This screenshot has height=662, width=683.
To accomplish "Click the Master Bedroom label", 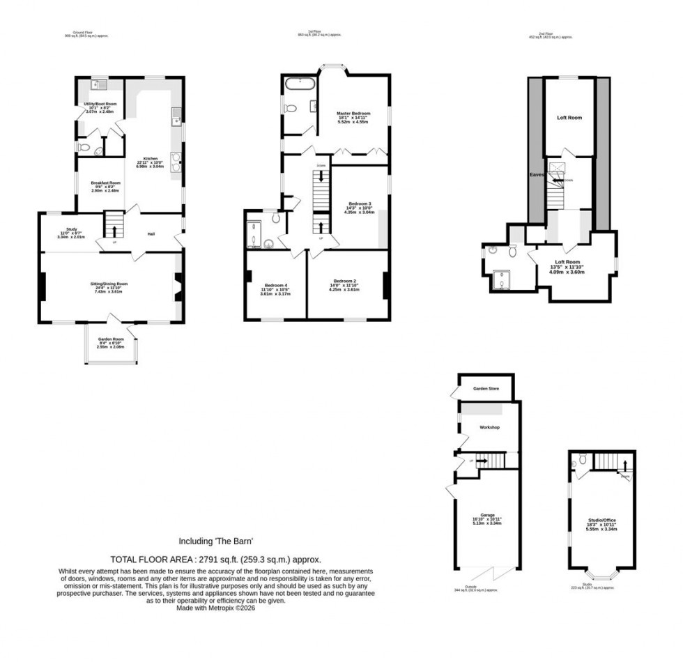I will coord(353,113).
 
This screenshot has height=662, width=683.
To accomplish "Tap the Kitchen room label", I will coord(151,158).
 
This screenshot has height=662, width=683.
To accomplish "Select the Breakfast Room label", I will coord(106,183).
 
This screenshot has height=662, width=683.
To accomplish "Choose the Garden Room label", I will coord(110,339).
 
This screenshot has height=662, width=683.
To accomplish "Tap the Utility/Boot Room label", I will coord(100,104).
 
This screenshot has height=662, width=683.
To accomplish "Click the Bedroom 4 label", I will coord(275,285).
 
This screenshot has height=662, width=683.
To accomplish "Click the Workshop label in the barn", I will coord(491,426).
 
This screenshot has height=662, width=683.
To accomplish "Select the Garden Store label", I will coord(486,389).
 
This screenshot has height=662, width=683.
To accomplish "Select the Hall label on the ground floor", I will coord(151,234).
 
